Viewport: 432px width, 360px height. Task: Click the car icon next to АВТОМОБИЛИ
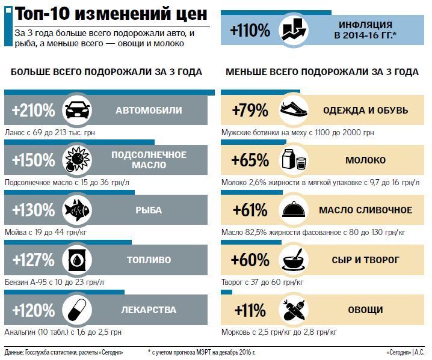pyautogui.click(x=78, y=110)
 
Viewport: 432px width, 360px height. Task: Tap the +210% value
pyautogui.click(x=33, y=110)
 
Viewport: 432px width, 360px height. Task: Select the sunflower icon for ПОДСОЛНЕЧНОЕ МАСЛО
pyautogui.click(x=78, y=160)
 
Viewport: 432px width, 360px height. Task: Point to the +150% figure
pyautogui.click(x=33, y=160)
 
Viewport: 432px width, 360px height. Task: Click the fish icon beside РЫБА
pyautogui.click(x=78, y=210)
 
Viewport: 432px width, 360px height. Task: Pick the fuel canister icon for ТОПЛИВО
pyautogui.click(x=78, y=260)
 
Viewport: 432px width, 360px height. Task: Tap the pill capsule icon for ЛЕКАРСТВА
pyautogui.click(x=78, y=310)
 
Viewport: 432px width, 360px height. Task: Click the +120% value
pyautogui.click(x=33, y=310)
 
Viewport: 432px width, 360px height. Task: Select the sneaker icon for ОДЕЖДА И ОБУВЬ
pyautogui.click(x=294, y=110)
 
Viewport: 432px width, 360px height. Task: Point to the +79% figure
pyautogui.click(x=250, y=110)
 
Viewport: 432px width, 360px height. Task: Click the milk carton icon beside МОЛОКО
pyautogui.click(x=294, y=160)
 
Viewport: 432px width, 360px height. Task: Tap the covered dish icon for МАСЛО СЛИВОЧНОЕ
pyautogui.click(x=294, y=210)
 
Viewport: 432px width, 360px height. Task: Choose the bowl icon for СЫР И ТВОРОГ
pyautogui.click(x=294, y=260)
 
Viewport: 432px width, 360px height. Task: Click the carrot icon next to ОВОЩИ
pyautogui.click(x=294, y=310)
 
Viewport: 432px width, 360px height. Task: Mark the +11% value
pyautogui.click(x=250, y=310)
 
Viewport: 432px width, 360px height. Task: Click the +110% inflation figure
pyautogui.click(x=250, y=30)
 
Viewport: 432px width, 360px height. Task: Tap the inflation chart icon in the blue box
pyautogui.click(x=294, y=30)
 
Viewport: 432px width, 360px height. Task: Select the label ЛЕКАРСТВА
pyautogui.click(x=148, y=310)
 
